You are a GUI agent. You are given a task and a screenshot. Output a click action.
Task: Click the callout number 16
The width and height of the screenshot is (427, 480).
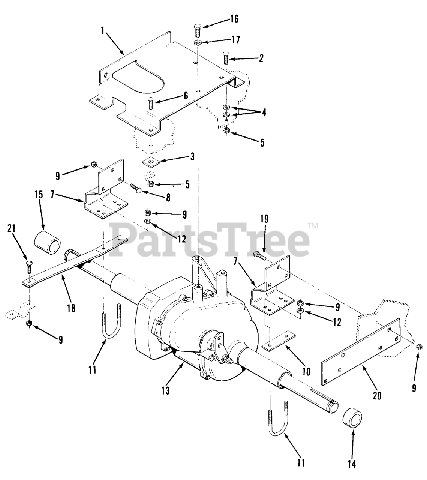click(x=234, y=19)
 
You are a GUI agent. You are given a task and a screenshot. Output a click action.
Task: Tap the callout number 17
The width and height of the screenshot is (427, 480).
click(x=235, y=39)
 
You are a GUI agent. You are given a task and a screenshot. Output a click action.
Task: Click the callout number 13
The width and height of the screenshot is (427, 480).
click(x=165, y=390)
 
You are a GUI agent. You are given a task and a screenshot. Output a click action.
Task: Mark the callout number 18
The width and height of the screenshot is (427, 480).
click(x=71, y=308)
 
